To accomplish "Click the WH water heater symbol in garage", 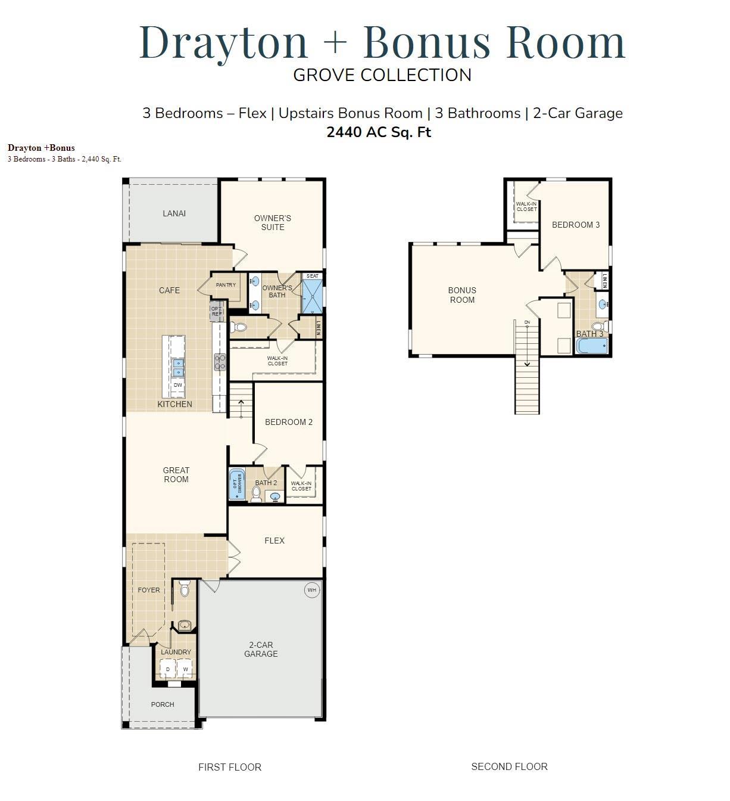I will tap(312, 590).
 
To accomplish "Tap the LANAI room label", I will tap(174, 213).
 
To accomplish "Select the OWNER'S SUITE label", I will tap(273, 222).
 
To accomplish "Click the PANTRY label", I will tap(226, 285).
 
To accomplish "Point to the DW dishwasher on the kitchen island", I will tap(177, 385).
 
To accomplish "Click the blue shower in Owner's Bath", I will tap(313, 297).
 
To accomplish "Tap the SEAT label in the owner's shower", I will tap(313, 276).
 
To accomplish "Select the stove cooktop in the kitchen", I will tap(220, 362).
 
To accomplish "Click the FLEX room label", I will tap(274, 541).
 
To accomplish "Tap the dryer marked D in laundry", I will tap(168, 670).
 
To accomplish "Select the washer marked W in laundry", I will tap(186, 670).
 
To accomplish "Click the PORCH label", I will tap(163, 704).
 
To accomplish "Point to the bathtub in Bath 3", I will tap(592, 346).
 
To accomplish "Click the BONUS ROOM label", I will tap(462, 295).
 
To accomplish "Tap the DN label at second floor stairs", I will tap(527, 322).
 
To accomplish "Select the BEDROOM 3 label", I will tap(576, 225).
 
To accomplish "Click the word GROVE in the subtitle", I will tap(325, 75).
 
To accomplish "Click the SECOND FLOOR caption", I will tap(509, 766).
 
